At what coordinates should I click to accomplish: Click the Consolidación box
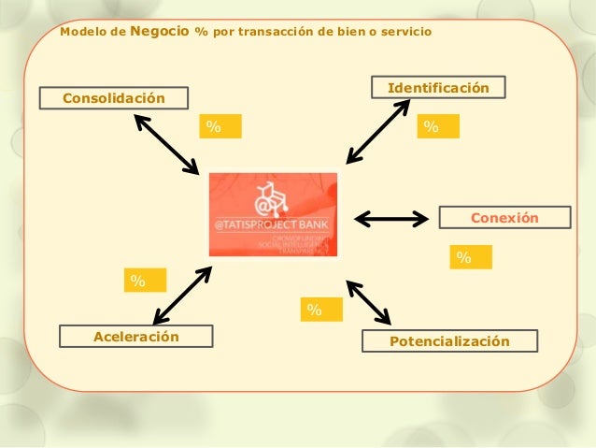click(113, 98)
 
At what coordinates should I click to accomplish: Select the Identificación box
click(438, 88)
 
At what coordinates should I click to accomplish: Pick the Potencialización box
click(450, 341)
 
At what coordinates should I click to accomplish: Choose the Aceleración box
click(135, 336)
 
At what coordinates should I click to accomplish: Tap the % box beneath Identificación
click(438, 126)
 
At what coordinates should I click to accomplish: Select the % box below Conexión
click(471, 257)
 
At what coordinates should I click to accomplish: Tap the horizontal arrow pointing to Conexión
click(390, 219)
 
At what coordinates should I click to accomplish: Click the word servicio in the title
click(403, 32)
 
